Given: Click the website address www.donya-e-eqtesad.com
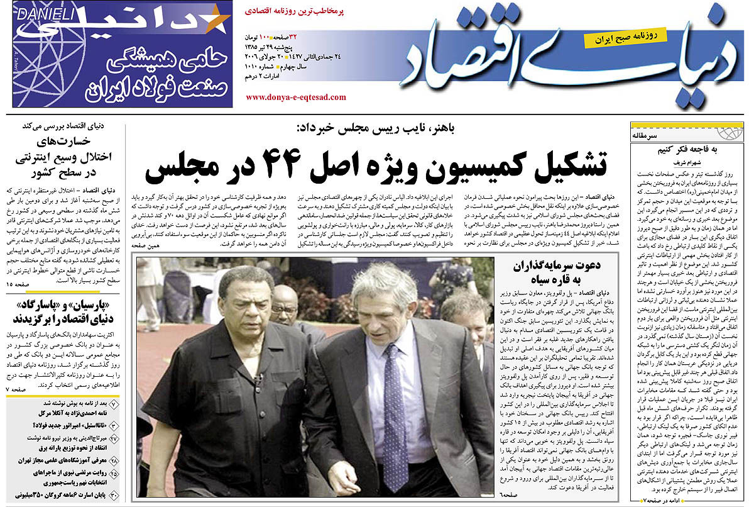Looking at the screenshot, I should point(295,97).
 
